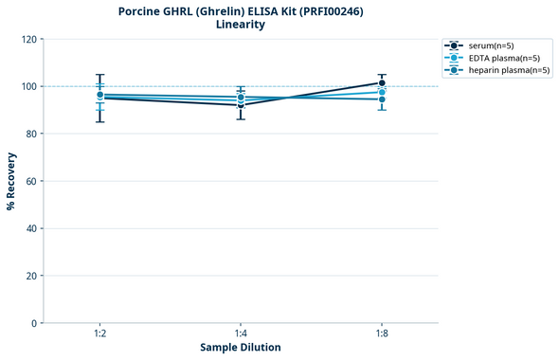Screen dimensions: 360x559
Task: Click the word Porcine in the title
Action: coord(140,11)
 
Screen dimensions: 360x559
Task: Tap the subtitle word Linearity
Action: coord(241,25)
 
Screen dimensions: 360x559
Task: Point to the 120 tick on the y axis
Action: coord(28,39)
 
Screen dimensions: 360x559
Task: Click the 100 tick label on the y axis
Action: coord(28,86)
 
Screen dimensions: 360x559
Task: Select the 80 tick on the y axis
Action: coord(31,134)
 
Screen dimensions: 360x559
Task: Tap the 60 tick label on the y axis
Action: coord(31,181)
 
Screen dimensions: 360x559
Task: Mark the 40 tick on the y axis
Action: coord(31,228)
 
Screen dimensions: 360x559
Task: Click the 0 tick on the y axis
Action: coord(34,323)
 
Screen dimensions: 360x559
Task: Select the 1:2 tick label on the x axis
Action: coord(99,334)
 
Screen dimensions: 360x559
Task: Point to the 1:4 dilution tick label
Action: coord(241,334)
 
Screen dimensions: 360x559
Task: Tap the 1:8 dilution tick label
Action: coord(382,334)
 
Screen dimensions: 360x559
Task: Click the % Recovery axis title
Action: coord(11,181)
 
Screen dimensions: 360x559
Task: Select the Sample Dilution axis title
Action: coord(241,348)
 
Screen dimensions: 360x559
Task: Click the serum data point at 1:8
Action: coord(382,83)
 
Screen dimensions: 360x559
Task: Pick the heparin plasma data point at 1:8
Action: coord(382,99)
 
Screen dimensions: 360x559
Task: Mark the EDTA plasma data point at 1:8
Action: coord(382,92)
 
